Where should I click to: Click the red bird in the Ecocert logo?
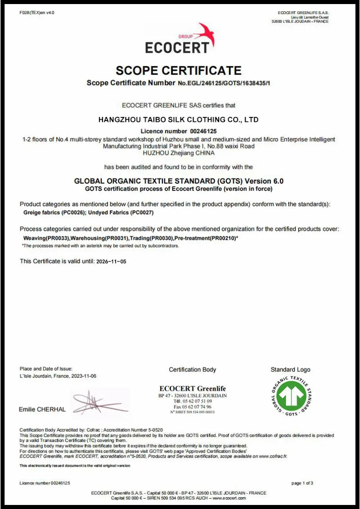coord(205,35)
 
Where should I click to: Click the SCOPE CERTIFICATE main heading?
coord(179,70)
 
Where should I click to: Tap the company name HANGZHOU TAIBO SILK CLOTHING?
coord(178,120)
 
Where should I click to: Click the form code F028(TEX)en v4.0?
coord(37,13)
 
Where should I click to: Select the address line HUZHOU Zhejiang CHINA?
coord(179,153)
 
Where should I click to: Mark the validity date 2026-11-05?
coord(112,261)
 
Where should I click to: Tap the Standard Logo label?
coord(290,369)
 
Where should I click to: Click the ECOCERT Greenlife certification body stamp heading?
coord(193,388)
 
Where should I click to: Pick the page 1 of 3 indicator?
coord(302,483)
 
